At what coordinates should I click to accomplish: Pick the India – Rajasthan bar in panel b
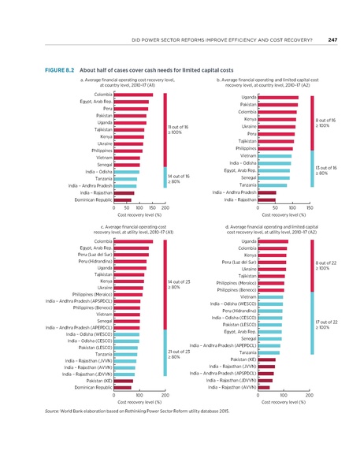[x=265, y=200]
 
